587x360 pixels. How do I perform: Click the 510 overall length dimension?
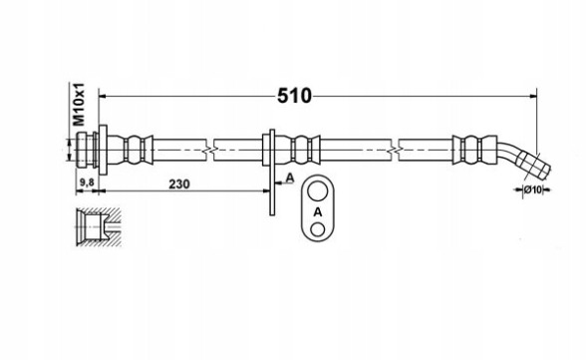pyautogui.click(x=294, y=97)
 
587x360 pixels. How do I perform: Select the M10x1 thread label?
pyautogui.click(x=79, y=105)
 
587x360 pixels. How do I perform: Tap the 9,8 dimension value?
pyautogui.click(x=87, y=182)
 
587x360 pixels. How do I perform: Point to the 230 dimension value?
pyautogui.click(x=179, y=183)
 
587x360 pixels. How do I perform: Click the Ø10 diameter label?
pyautogui.click(x=533, y=189)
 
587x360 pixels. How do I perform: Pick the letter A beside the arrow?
pyautogui.click(x=290, y=179)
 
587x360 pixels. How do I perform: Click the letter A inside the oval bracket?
pyautogui.click(x=318, y=212)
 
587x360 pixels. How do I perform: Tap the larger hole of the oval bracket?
pyautogui.click(x=318, y=191)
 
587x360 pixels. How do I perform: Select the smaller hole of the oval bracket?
pyautogui.click(x=318, y=229)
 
